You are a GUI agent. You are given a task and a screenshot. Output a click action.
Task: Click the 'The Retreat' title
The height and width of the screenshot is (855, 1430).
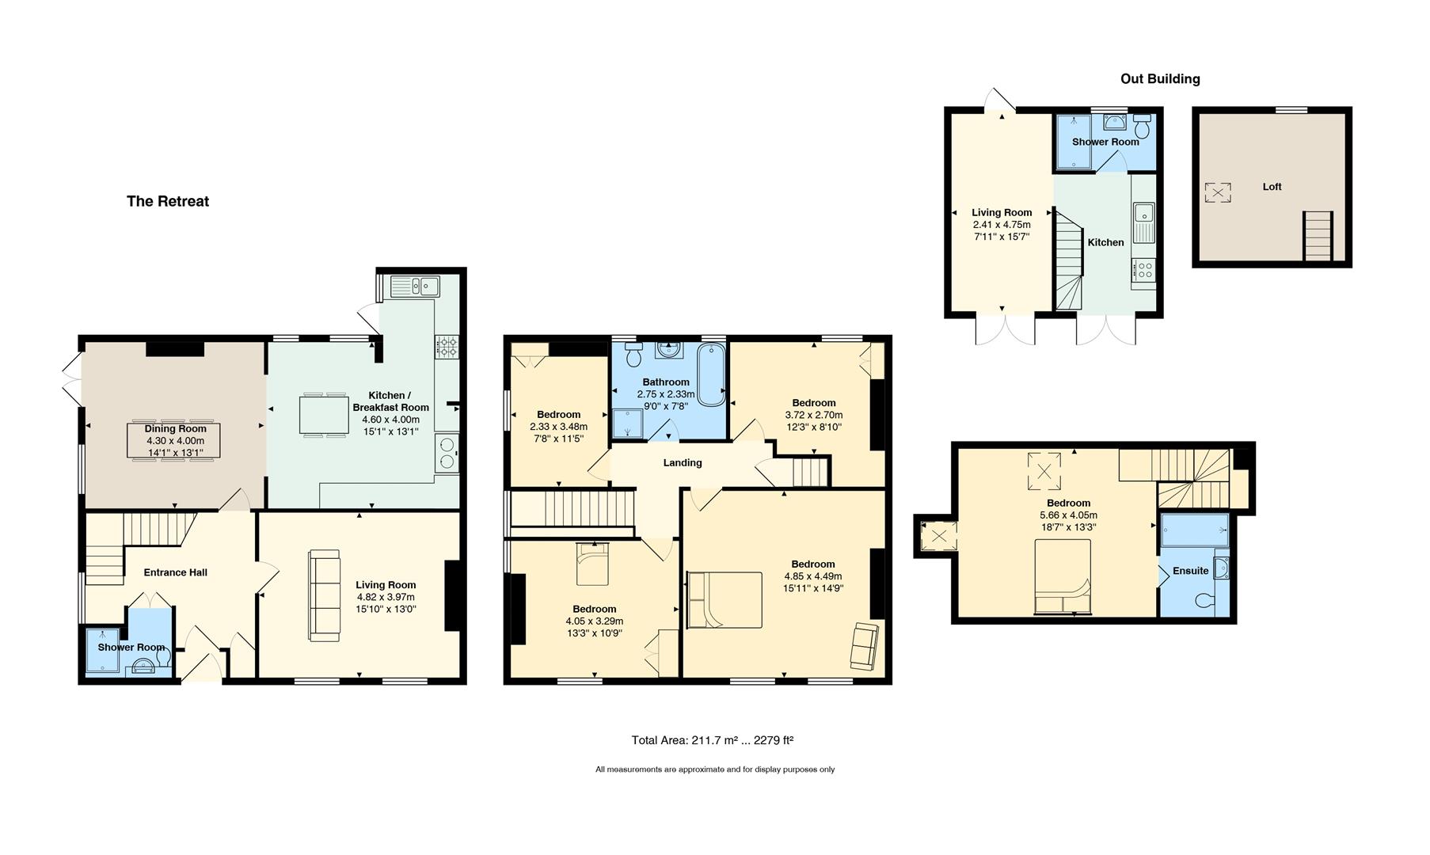click(x=168, y=201)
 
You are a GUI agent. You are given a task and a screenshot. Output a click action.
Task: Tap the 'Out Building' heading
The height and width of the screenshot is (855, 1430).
click(x=1160, y=78)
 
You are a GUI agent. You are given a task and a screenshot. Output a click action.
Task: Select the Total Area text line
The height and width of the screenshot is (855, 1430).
click(x=713, y=740)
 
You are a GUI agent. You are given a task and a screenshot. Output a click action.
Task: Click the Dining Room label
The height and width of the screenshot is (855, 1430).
click(x=176, y=428)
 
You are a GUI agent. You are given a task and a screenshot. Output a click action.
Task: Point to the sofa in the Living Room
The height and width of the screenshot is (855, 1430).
click(x=323, y=595)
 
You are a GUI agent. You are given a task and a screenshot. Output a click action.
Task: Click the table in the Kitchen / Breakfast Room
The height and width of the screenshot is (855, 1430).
click(x=323, y=414)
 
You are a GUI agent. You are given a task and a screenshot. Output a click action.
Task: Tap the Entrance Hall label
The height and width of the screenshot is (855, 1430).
click(x=176, y=572)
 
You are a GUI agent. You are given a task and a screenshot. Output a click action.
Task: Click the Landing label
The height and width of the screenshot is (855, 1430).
click(x=683, y=462)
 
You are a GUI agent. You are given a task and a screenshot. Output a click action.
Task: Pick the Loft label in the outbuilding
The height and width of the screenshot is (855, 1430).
click(x=1272, y=187)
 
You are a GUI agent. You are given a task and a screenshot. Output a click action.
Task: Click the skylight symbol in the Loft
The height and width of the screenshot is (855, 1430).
click(x=1218, y=192)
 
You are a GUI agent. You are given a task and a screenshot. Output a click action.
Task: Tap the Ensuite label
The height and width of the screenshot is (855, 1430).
click(x=1191, y=570)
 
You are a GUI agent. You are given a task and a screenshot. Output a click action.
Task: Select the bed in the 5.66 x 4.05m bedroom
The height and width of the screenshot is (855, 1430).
click(x=1063, y=577)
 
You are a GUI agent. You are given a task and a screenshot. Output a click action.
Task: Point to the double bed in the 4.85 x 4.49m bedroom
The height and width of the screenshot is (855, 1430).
click(x=725, y=600)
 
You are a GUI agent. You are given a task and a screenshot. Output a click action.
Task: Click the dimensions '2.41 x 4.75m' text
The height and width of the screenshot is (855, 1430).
click(x=1002, y=224)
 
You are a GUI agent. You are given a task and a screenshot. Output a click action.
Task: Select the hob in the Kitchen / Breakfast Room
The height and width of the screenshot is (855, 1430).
click(x=446, y=347)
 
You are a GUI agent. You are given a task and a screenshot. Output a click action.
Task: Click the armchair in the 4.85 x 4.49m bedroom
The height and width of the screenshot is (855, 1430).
click(x=864, y=645)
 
